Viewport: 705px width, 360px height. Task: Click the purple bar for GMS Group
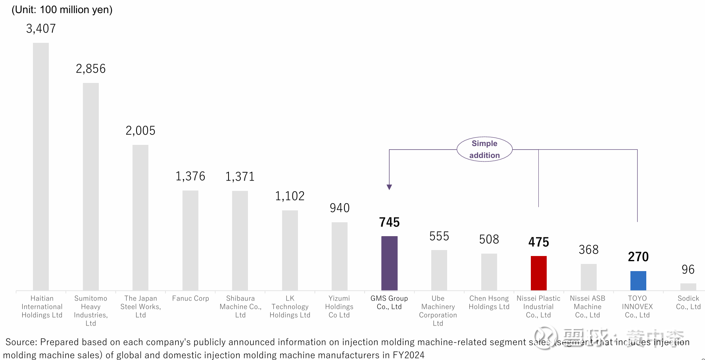389,263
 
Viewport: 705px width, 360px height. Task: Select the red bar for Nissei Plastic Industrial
538,273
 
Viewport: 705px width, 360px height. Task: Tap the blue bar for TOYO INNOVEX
638,281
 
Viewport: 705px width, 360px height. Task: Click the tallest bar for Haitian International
41,167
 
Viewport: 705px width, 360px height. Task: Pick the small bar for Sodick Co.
688,287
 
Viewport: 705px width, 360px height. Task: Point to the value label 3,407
41,29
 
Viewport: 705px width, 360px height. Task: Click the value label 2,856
91,69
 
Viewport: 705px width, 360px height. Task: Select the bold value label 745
389,222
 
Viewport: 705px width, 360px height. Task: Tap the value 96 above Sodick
688,270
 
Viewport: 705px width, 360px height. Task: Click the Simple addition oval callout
484,149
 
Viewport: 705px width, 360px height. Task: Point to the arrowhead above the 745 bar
389,187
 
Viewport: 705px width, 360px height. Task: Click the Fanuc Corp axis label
190,298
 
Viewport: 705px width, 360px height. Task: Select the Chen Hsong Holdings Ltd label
489,302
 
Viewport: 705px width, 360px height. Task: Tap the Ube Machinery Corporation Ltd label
438,311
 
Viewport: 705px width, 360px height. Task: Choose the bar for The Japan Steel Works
140,218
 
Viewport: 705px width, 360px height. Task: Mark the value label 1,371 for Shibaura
240,177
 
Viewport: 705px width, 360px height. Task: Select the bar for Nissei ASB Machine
588,277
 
